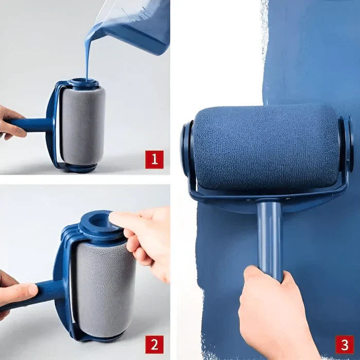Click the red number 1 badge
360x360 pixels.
(154, 159)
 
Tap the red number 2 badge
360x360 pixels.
(154, 344)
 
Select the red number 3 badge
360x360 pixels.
(344, 344)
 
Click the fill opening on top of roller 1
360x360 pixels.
(83, 82)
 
